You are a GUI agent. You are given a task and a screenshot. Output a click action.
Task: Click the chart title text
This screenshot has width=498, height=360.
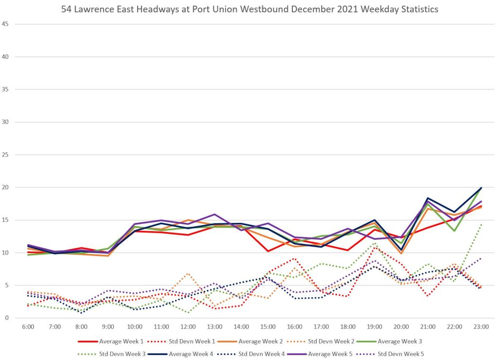tap(249, 9)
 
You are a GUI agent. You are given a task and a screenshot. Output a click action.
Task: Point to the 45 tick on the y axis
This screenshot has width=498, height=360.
tap(5, 24)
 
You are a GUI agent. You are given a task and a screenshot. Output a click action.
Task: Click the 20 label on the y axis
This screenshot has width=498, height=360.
tap(5, 187)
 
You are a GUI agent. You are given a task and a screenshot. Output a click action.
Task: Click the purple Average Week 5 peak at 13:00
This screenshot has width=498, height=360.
tap(214, 214)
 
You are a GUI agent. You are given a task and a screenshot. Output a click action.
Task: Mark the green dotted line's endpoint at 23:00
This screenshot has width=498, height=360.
tap(480, 224)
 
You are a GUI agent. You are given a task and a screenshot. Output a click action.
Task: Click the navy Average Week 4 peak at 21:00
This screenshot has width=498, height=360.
tap(427, 198)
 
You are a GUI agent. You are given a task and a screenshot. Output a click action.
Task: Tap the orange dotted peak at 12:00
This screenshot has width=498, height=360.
tap(188, 273)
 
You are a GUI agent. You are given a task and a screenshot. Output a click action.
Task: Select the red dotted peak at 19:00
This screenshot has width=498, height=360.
tap(374, 248)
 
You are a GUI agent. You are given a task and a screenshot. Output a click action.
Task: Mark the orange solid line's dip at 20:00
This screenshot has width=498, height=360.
tap(401, 253)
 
